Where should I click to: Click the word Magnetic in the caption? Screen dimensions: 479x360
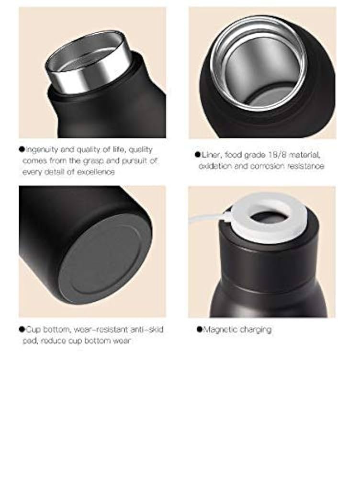[218, 330]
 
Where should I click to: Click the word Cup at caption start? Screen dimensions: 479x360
[34, 330]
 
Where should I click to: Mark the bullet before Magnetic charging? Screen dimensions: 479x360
[200, 330]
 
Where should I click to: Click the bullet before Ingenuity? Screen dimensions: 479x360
[22, 149]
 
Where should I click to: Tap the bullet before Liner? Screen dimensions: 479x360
[197, 155]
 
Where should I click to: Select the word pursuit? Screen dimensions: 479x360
[135, 160]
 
